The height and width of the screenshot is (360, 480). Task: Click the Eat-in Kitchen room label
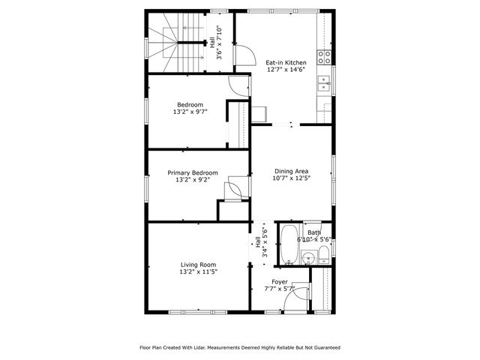[286, 62]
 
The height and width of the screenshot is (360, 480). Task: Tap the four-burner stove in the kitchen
[325, 55]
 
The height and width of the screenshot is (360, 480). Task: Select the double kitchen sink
[325, 82]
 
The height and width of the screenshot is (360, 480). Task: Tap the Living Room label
[198, 264]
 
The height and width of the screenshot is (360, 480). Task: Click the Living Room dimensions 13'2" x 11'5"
[198, 271]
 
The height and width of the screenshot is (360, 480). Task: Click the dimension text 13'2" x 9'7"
[190, 111]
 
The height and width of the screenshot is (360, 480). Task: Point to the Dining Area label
[292, 171]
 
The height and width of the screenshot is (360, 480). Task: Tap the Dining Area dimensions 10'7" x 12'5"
[292, 178]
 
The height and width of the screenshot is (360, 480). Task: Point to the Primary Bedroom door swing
[233, 186]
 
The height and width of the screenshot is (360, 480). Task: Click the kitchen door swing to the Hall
[243, 55]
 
